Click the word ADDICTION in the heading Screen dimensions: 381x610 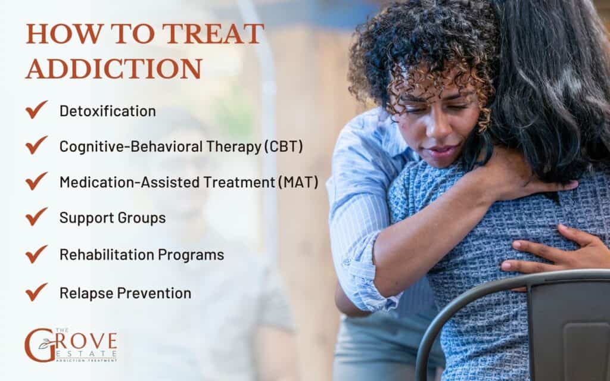click(x=114, y=69)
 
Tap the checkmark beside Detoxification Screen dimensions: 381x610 click(x=36, y=110)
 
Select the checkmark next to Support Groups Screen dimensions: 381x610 click(x=36, y=217)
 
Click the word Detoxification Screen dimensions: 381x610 click(x=107, y=111)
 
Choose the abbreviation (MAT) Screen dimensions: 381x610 click(x=297, y=182)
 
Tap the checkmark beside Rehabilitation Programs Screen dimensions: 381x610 click(x=36, y=254)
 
